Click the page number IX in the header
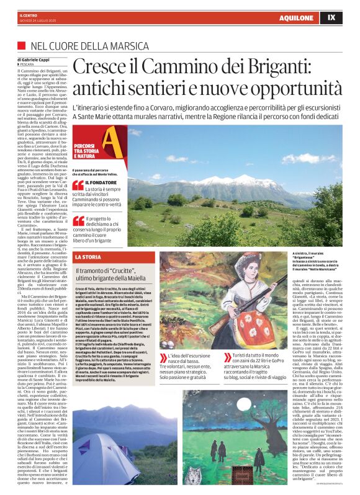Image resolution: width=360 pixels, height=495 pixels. (x=331, y=17)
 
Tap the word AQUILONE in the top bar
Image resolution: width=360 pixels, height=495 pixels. (x=295, y=18)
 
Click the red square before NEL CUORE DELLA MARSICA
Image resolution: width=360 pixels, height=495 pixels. (x=21, y=46)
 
